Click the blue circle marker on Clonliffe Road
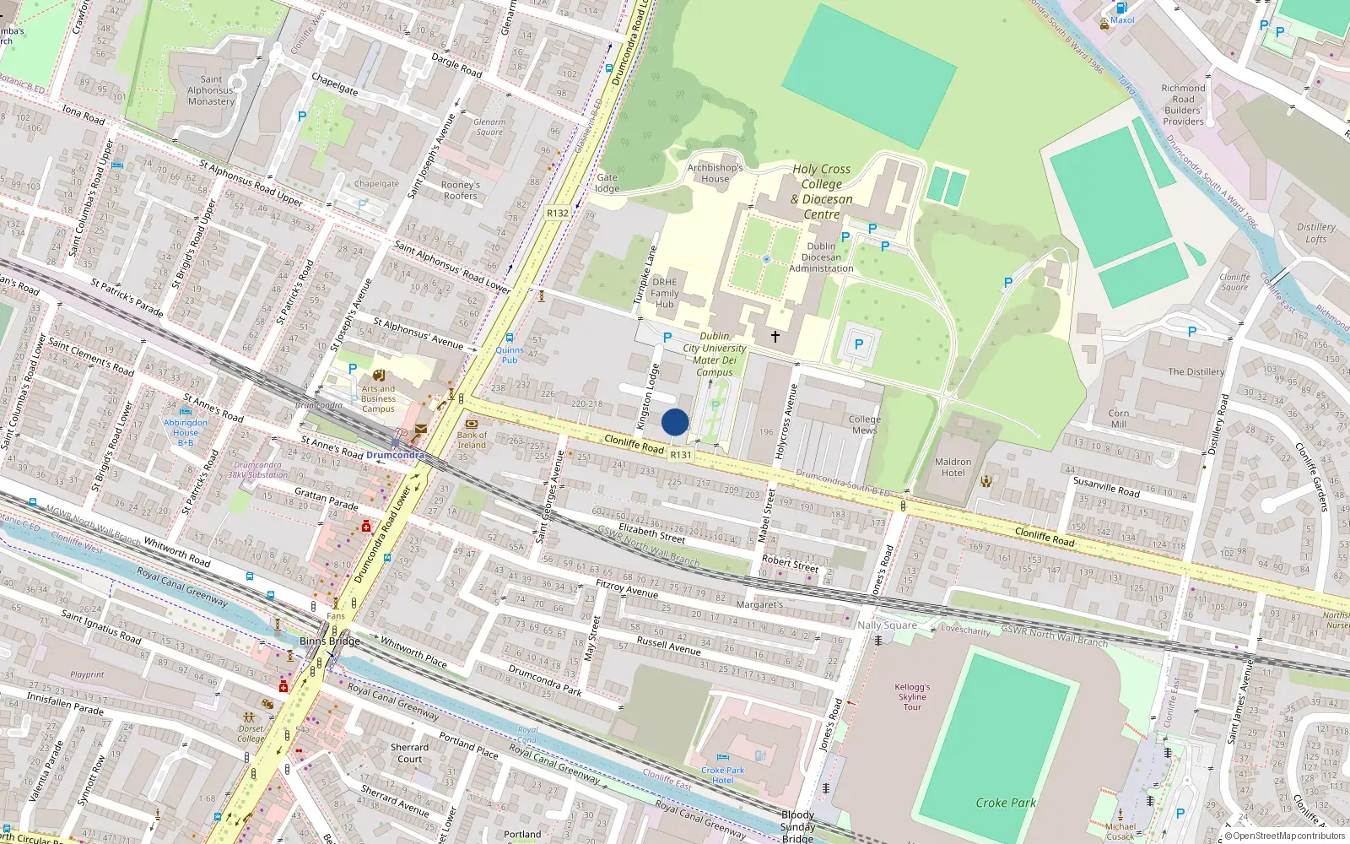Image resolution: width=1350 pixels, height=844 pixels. pyautogui.click(x=675, y=422)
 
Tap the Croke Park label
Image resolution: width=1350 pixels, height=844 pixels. pyautogui.click(x=1005, y=803)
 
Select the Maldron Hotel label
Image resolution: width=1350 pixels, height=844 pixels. pyautogui.click(x=953, y=467)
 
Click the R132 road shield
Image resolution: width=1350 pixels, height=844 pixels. pyautogui.click(x=557, y=214)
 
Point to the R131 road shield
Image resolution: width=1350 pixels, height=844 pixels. pyautogui.click(x=680, y=455)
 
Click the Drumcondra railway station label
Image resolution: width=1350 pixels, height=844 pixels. pyautogui.click(x=395, y=455)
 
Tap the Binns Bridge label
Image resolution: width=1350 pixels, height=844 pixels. pyautogui.click(x=330, y=641)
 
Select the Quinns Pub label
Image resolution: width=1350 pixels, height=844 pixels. pyautogui.click(x=510, y=354)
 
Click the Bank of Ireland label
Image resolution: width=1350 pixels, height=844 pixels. pyautogui.click(x=472, y=440)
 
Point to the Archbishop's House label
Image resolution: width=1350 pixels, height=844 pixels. pyautogui.click(x=715, y=173)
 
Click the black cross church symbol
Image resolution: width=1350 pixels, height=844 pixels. pyautogui.click(x=775, y=337)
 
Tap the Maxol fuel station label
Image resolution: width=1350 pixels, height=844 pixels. pyautogui.click(x=1121, y=19)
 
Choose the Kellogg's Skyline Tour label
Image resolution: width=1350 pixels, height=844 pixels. pyautogui.click(x=912, y=697)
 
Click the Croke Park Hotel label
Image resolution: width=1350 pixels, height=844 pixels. pyautogui.click(x=723, y=775)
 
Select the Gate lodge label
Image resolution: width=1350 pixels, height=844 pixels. pyautogui.click(x=607, y=182)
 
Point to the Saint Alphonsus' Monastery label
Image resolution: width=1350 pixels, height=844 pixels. pyautogui.click(x=211, y=90)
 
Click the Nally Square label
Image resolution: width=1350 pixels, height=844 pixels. pyautogui.click(x=887, y=625)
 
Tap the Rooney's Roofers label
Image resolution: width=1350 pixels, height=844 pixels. pyautogui.click(x=460, y=190)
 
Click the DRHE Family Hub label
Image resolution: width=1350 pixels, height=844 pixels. pyautogui.click(x=664, y=293)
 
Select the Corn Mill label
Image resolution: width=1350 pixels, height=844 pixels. pyautogui.click(x=1118, y=419)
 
